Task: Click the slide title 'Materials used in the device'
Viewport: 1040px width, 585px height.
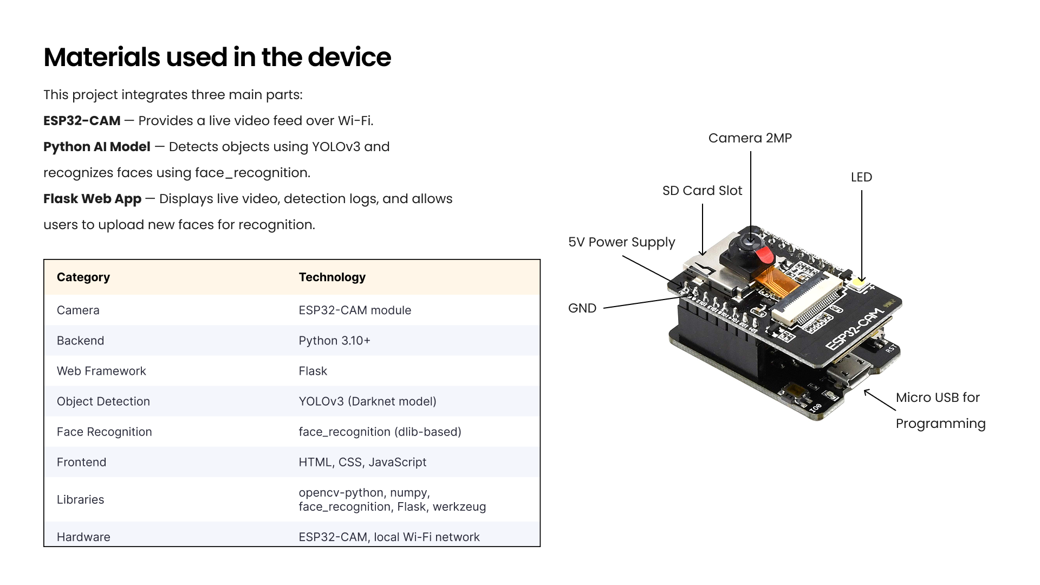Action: [x=217, y=57]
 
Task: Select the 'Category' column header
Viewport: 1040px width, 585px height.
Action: [x=83, y=277]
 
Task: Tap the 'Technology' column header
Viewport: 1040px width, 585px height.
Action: [x=332, y=277]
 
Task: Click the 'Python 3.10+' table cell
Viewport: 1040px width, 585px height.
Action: [x=334, y=341]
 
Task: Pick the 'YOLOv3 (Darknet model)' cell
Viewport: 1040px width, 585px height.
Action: [x=367, y=401]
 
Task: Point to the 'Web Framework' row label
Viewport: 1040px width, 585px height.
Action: [x=101, y=371]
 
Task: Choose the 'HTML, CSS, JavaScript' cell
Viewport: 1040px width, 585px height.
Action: [x=362, y=462]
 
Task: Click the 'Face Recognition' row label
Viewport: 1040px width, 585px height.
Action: [x=104, y=432]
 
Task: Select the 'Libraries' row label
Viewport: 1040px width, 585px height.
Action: [x=80, y=499]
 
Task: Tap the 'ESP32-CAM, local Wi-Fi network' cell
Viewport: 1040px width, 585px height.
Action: [x=389, y=537]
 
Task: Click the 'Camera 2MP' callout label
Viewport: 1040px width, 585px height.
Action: [x=750, y=138]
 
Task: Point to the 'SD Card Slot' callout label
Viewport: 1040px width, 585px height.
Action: [x=702, y=191]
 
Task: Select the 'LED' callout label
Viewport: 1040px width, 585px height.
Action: [x=861, y=177]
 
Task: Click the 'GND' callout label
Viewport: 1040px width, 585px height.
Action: [x=582, y=308]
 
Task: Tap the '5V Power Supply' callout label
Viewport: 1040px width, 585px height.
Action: [x=621, y=242]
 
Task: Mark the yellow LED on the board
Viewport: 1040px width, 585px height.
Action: [x=860, y=282]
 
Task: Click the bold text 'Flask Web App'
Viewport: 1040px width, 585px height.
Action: [x=92, y=199]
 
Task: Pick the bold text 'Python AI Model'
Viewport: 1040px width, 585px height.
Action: [x=96, y=147]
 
